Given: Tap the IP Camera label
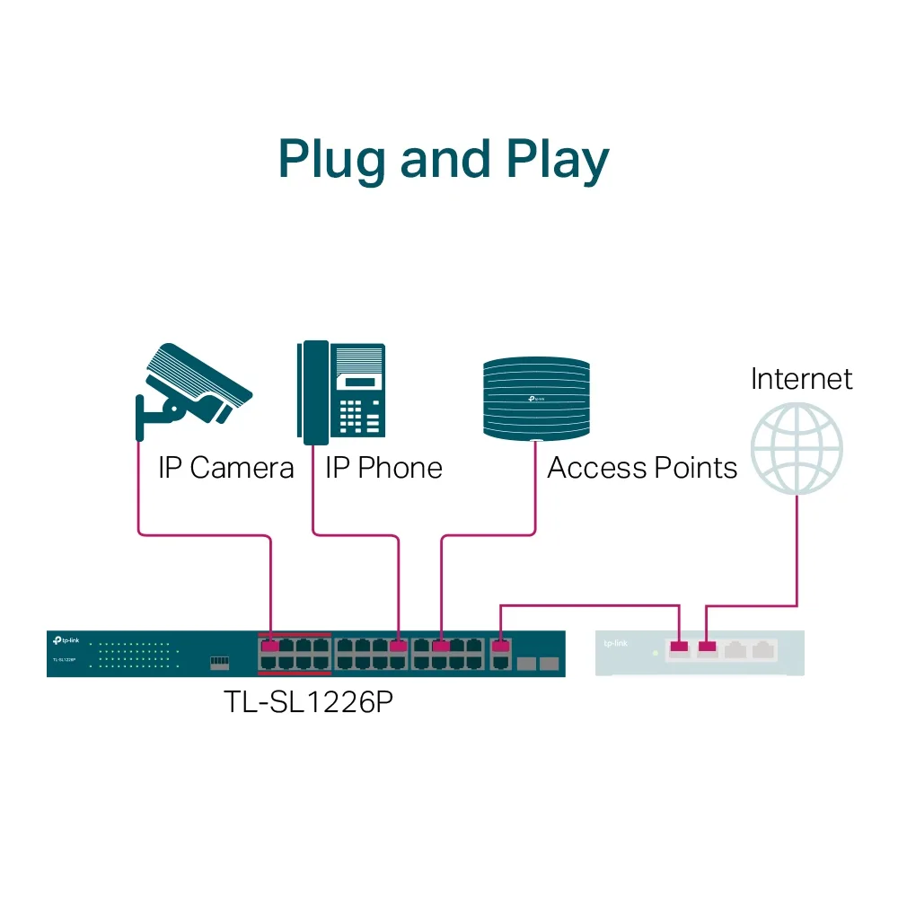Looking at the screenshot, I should [225, 468].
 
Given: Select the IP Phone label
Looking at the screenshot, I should [383, 468].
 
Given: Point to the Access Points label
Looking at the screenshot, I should [642, 468].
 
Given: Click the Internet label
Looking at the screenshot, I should [801, 378].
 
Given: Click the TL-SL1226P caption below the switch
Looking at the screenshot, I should [308, 700].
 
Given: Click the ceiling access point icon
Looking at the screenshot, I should [536, 399].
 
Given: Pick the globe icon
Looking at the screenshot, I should [797, 448].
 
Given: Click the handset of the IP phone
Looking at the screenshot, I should [313, 392].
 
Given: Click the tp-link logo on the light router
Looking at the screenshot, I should [615, 643].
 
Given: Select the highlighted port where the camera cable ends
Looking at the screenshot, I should [269, 646].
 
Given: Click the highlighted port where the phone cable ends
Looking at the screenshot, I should [399, 646].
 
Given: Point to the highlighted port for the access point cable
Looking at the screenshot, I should [441, 646].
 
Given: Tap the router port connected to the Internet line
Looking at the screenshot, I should [708, 646].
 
